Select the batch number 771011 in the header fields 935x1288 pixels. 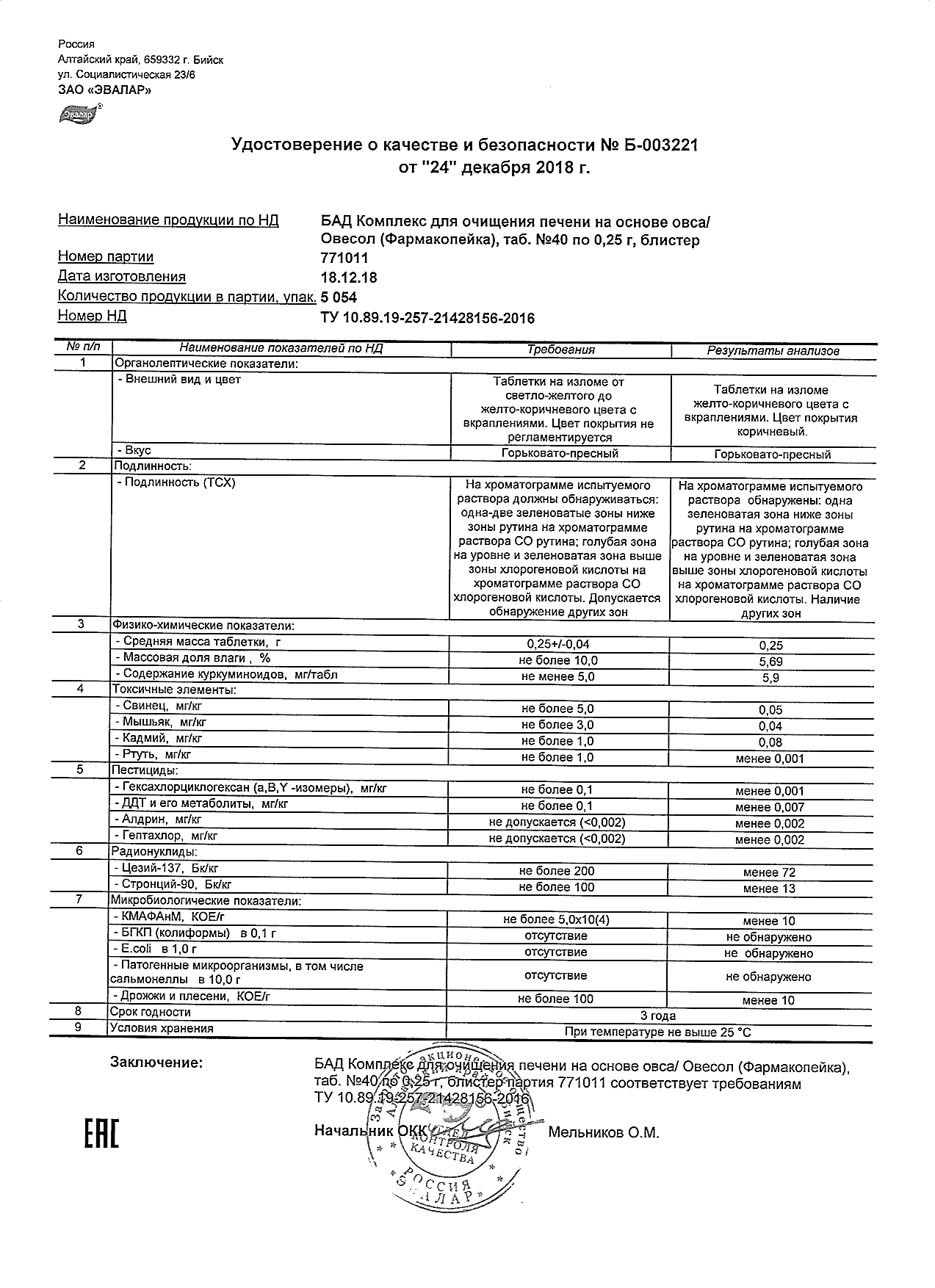coord(344,258)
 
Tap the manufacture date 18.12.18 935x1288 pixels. coord(350,278)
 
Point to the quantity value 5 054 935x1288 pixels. coord(340,297)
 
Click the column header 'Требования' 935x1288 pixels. coord(560,350)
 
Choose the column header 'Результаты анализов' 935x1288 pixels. coord(772,351)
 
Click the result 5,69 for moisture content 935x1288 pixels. coord(770,662)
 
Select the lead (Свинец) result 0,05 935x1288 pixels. coord(770,710)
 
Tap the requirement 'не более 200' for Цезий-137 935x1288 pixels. coord(556,872)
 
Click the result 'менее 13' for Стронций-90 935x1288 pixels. coord(769,889)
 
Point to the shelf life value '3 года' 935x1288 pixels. coord(658,1016)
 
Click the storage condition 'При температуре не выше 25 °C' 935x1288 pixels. coord(658,1032)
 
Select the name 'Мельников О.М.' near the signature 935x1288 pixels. coord(604,1133)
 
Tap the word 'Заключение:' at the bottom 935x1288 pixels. coord(156,1063)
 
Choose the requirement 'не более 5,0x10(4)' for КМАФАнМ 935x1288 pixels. coord(556,920)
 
